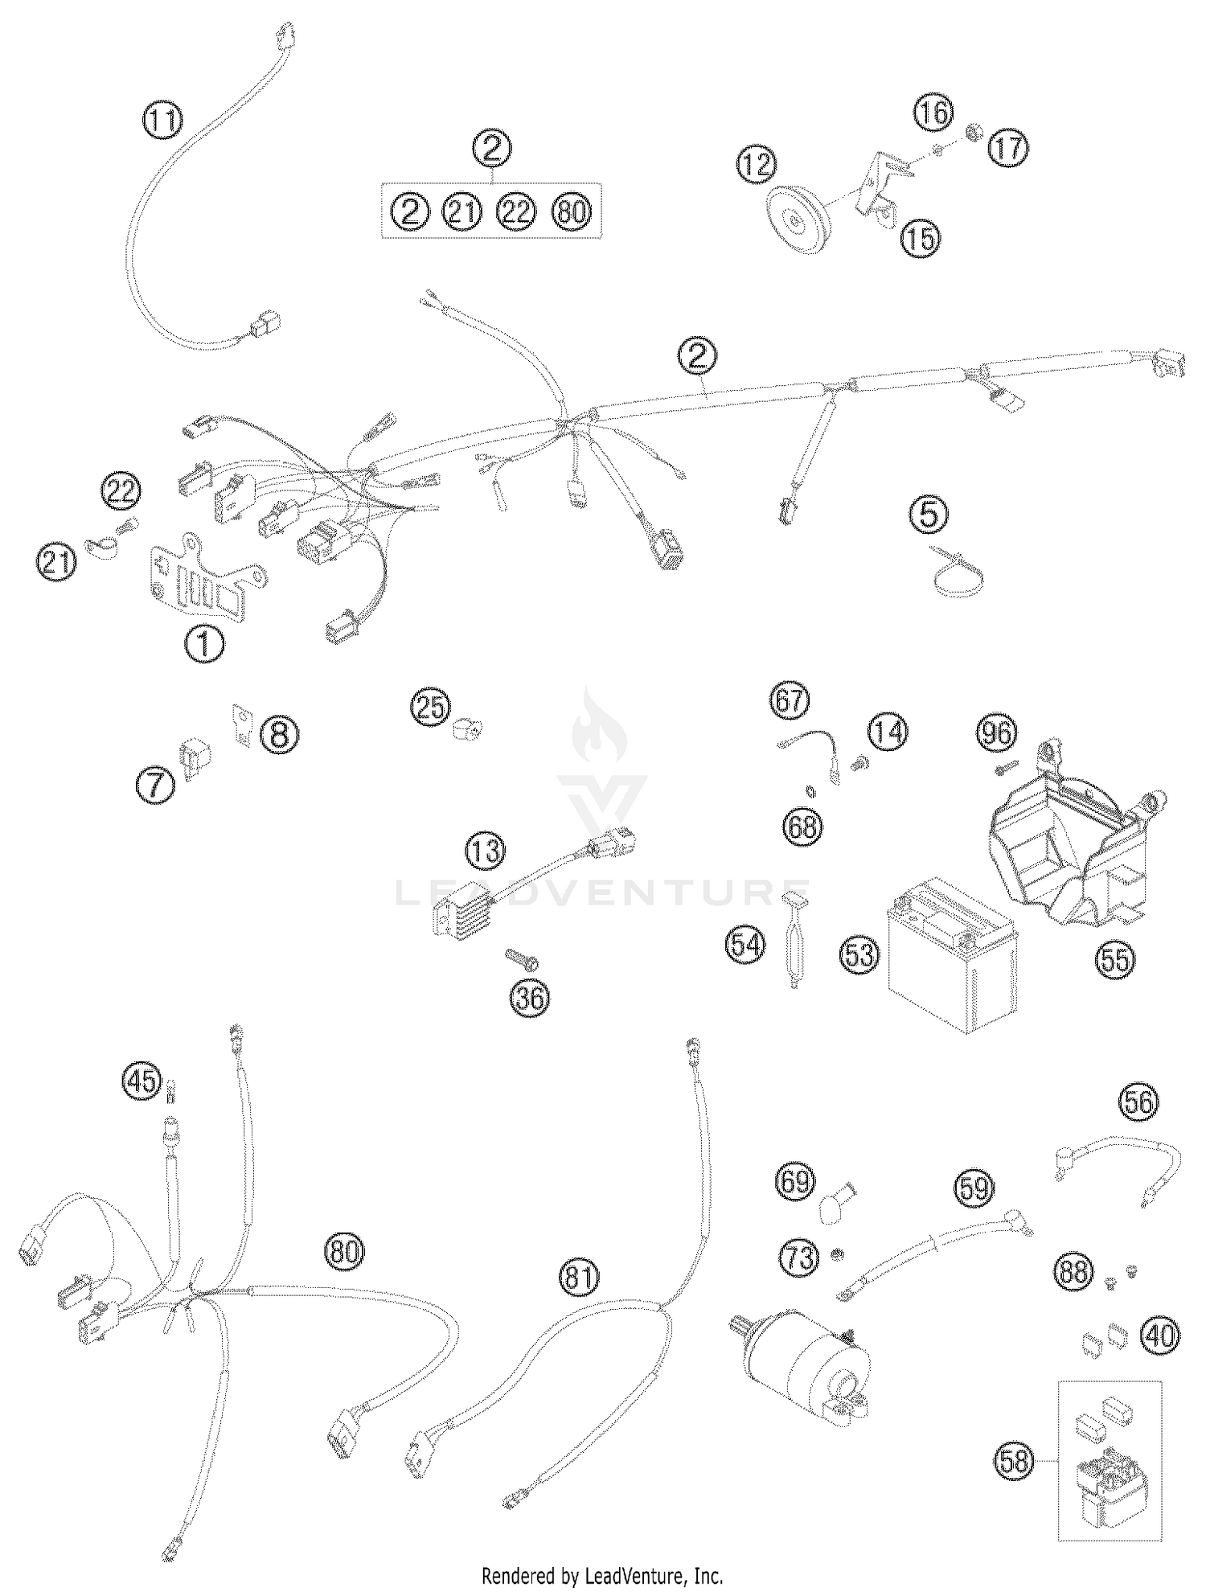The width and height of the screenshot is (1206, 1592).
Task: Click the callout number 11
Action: tap(162, 121)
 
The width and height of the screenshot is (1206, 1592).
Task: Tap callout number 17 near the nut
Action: tap(1007, 148)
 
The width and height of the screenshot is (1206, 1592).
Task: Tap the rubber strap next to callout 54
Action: tap(794, 937)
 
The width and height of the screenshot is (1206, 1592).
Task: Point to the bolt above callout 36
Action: tap(521, 958)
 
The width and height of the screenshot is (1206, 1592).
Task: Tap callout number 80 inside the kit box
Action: tap(571, 212)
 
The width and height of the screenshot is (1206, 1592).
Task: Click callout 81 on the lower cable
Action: tap(580, 1278)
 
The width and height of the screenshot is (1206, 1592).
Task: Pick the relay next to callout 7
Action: tap(192, 756)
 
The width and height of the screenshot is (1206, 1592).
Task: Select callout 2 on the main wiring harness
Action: tap(696, 355)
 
